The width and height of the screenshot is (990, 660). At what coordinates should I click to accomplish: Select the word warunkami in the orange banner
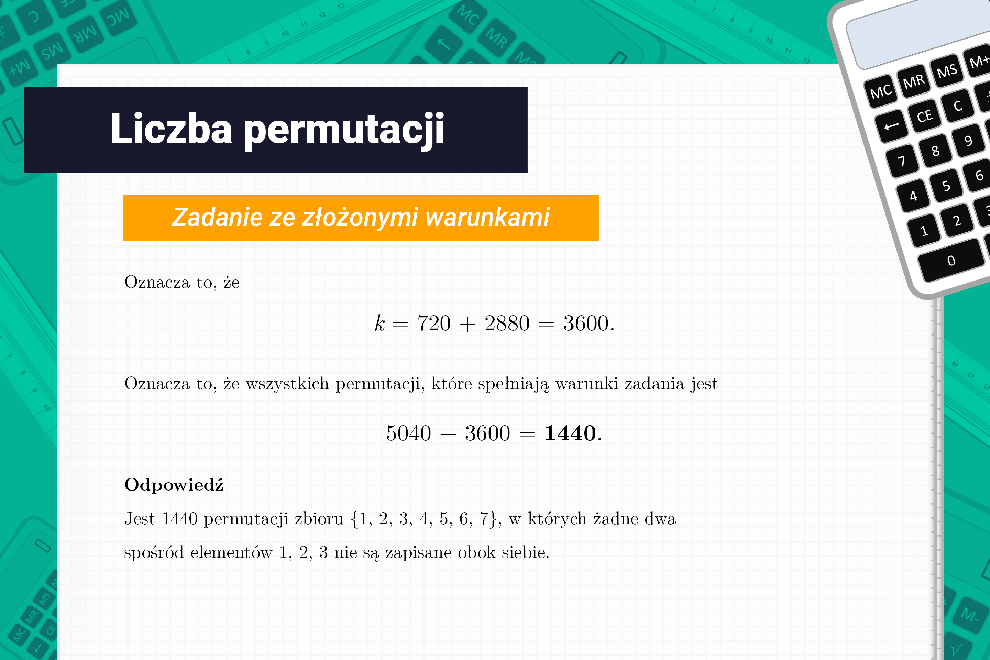tap(487, 217)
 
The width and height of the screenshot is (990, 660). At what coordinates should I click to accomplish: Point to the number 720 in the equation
tap(433, 323)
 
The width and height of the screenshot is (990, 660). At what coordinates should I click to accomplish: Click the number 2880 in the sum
tap(507, 323)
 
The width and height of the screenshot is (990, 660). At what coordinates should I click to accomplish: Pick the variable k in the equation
tap(379, 323)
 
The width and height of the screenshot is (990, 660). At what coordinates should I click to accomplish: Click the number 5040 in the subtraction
tap(408, 433)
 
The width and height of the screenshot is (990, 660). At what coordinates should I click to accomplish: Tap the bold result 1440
tap(570, 433)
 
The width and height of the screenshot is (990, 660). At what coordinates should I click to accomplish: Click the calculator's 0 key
tap(951, 261)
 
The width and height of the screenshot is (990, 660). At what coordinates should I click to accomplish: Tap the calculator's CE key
tap(924, 116)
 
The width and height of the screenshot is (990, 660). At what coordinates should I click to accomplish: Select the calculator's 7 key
tap(902, 161)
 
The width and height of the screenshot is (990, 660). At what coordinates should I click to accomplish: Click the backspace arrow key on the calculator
tap(891, 126)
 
